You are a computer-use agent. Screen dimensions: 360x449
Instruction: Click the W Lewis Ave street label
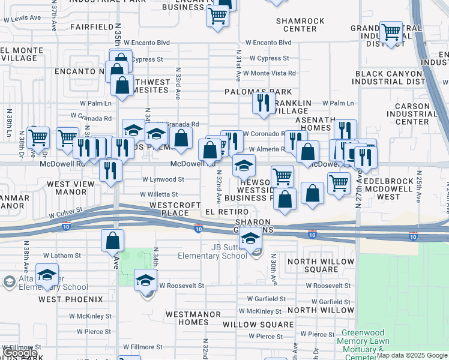tap(22, 19)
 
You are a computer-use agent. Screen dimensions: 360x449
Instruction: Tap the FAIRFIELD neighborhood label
tap(91, 27)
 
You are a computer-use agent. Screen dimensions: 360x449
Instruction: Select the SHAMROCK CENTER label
tap(300, 25)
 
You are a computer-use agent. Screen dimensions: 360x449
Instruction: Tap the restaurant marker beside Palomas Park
tap(264, 104)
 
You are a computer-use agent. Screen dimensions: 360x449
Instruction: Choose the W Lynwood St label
tap(163, 179)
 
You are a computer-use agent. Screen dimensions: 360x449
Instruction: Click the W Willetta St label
tap(158, 194)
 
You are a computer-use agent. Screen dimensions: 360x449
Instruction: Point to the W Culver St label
tap(69, 213)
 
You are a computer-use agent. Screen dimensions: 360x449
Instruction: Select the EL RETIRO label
tap(226, 212)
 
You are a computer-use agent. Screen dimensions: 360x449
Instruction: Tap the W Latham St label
tap(61, 256)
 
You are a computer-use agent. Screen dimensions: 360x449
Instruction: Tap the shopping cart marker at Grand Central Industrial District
tap(391, 33)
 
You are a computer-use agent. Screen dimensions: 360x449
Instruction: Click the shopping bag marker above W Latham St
tap(113, 241)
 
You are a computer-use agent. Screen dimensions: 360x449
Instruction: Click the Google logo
tap(20, 353)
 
